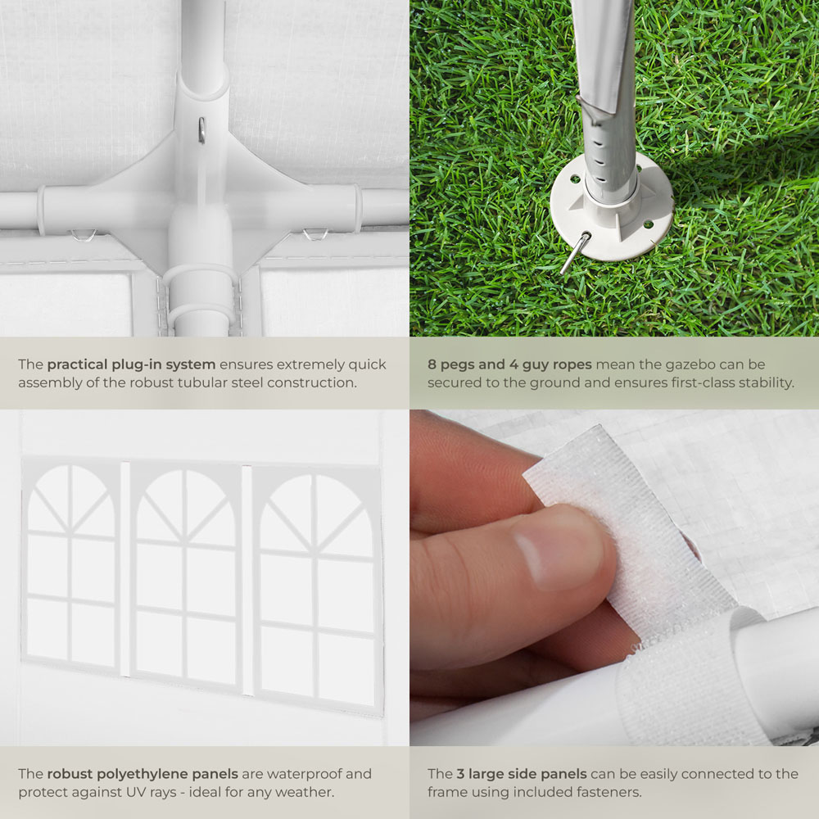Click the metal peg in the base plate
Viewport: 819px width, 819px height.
pyautogui.click(x=575, y=253)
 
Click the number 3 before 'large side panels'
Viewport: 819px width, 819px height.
pyautogui.click(x=460, y=774)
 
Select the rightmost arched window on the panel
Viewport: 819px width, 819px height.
pyautogui.click(x=317, y=587)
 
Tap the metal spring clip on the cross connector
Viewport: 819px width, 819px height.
pyautogui.click(x=201, y=130)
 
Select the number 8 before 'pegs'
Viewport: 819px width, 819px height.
pyautogui.click(x=432, y=364)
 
